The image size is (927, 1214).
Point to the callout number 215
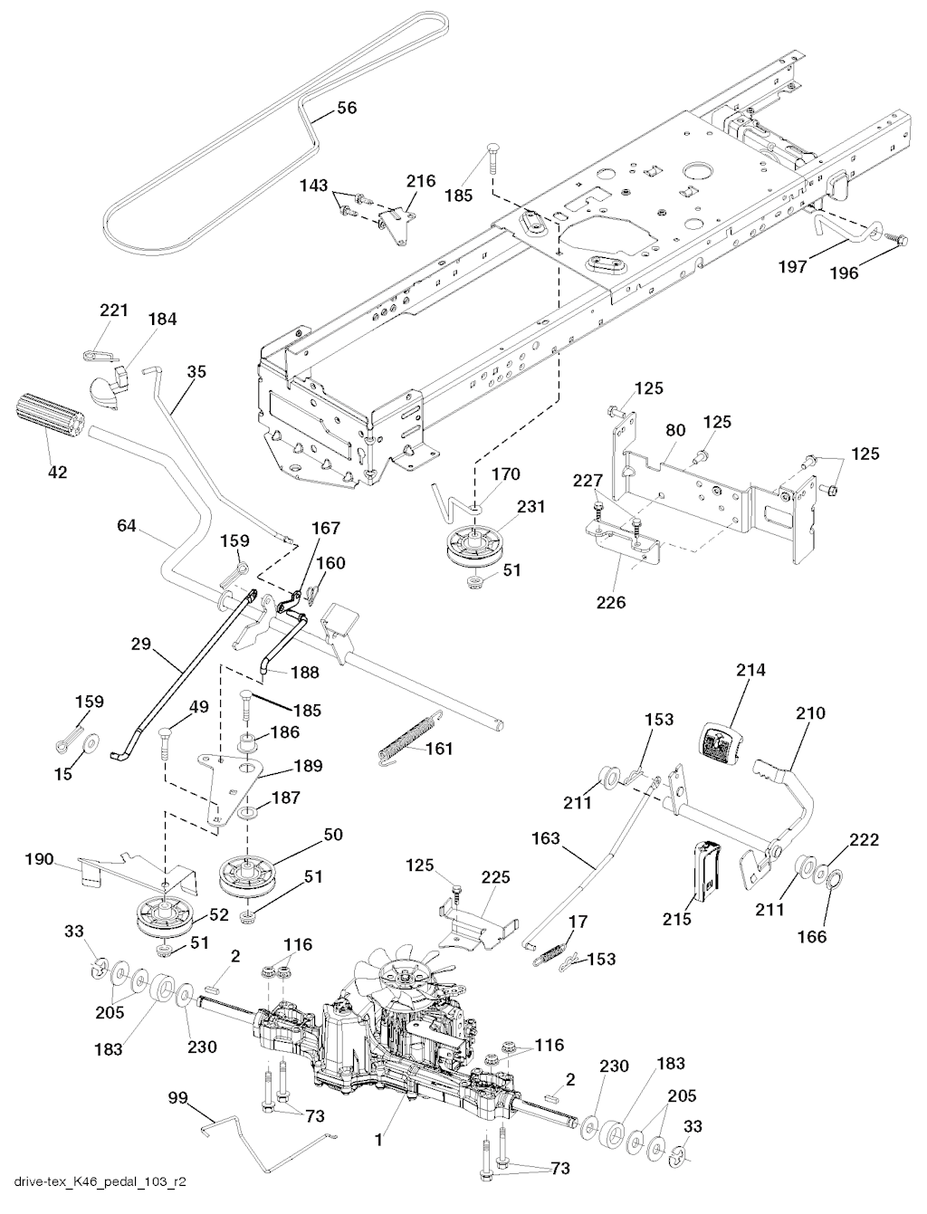coord(677,919)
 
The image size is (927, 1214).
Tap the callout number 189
coord(308,766)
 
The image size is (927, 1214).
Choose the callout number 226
coord(611,601)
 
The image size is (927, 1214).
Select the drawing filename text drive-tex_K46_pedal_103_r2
coord(94,1196)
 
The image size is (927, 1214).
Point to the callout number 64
coord(126,525)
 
